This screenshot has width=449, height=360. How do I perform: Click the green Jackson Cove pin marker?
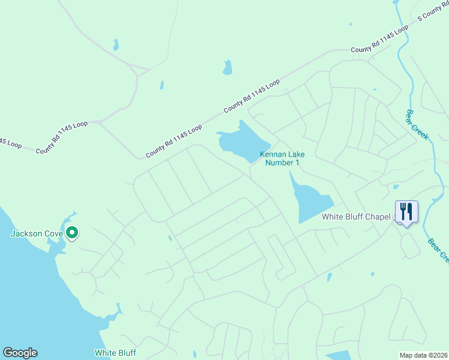(72, 232)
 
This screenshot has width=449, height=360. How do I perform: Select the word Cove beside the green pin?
(54, 233)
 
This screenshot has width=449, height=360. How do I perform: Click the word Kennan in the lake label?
(271, 154)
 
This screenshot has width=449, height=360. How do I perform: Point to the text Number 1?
(282, 163)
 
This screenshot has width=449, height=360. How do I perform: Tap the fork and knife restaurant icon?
(406, 212)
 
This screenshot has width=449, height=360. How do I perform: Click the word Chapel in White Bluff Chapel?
(379, 217)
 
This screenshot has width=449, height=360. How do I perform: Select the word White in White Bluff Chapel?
(333, 217)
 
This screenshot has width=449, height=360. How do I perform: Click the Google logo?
(20, 353)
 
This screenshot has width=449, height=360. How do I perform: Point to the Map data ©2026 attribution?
(423, 355)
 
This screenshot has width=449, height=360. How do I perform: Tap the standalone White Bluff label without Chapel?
(115, 353)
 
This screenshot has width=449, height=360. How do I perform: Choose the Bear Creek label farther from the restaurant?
(417, 125)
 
